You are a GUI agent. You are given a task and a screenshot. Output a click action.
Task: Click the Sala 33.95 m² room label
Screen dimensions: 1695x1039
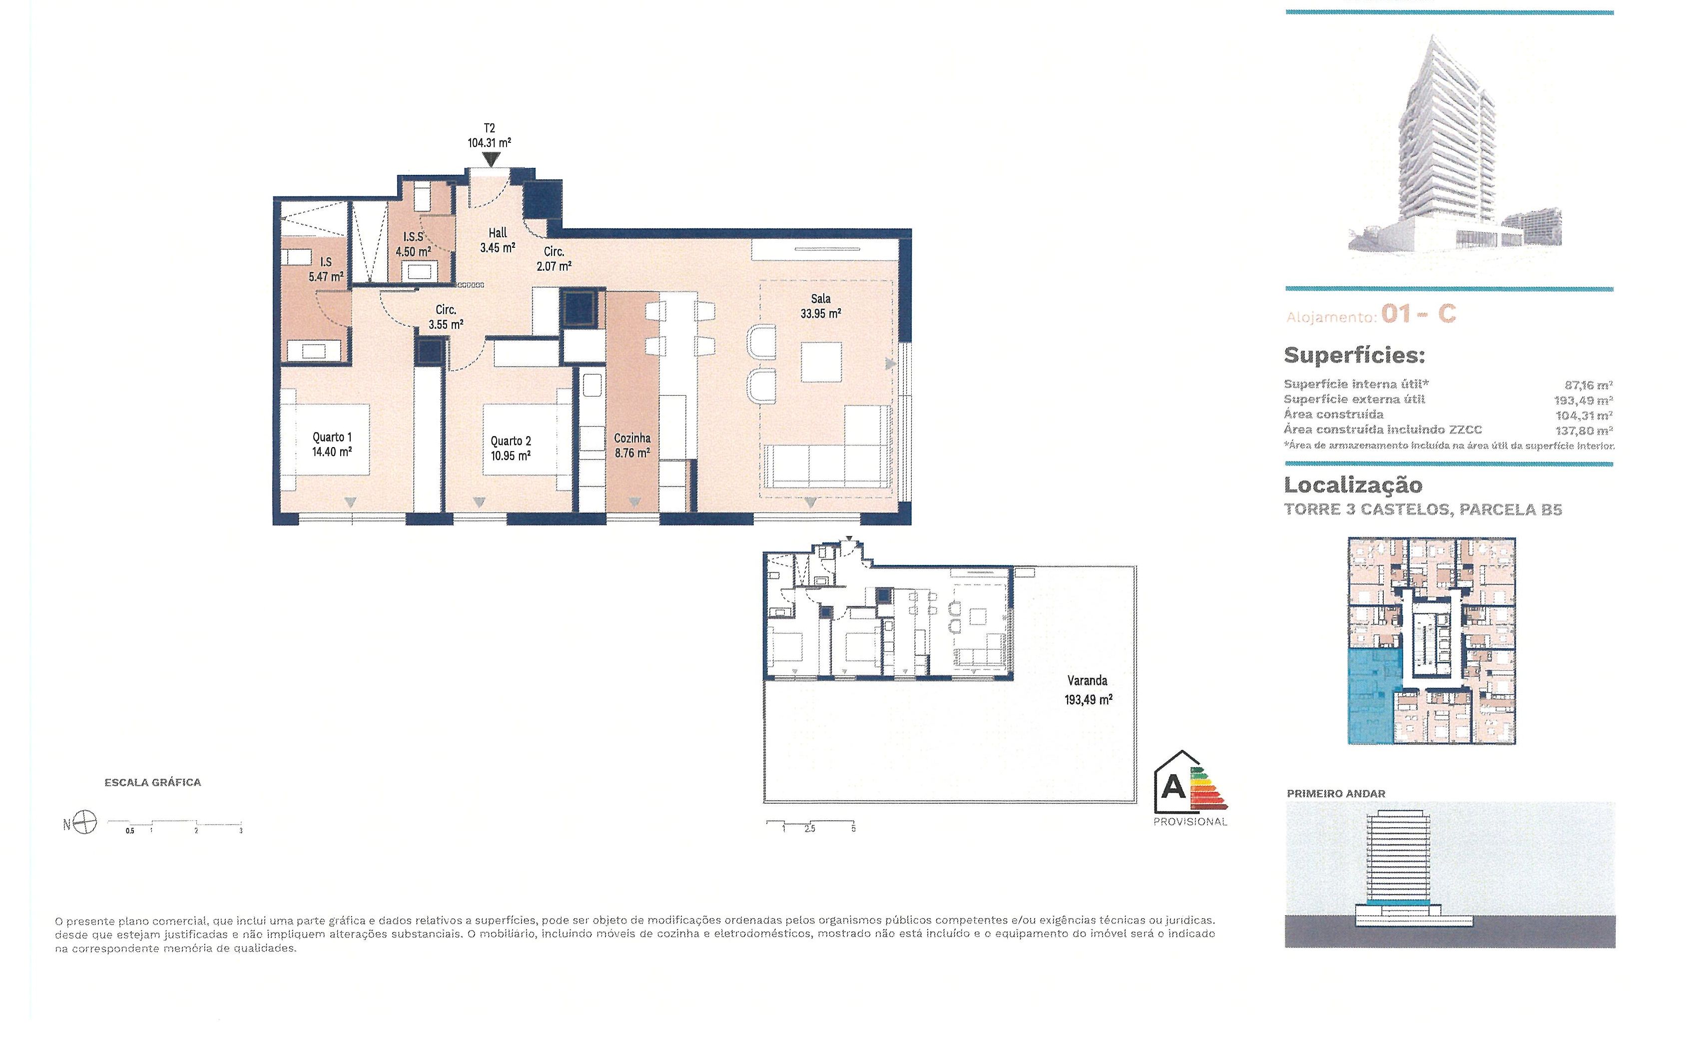(821, 306)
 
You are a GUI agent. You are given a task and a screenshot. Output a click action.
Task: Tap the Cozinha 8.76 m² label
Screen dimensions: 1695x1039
(632, 445)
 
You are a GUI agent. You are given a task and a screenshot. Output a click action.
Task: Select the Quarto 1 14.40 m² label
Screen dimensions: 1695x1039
(332, 445)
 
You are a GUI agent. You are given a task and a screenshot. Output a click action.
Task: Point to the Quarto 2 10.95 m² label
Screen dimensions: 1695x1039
(511, 448)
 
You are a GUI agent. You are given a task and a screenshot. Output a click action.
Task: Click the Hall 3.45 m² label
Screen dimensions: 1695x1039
(498, 240)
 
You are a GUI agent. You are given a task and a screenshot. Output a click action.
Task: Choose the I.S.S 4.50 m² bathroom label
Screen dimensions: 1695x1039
(414, 244)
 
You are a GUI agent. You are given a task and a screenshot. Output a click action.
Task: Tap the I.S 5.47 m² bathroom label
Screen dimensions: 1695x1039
(326, 270)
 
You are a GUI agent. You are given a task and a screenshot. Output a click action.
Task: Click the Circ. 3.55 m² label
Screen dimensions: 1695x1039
(446, 317)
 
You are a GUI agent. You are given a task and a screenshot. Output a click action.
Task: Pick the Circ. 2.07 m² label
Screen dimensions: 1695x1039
(554, 259)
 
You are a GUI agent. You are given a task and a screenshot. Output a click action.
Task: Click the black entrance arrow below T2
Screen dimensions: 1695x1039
(491, 160)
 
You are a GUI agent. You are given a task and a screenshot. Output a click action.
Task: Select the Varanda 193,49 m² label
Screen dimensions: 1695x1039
(1088, 690)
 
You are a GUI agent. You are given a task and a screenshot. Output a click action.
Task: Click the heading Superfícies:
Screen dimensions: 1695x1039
(1354, 355)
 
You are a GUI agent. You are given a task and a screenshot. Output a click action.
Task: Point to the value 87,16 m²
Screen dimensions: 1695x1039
(1589, 385)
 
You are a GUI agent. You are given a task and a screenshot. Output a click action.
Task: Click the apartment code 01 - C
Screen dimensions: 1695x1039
(1418, 314)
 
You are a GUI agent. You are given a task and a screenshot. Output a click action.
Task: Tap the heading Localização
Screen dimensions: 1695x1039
(1353, 485)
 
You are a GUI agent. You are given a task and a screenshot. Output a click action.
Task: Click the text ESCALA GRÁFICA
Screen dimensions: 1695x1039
(153, 782)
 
